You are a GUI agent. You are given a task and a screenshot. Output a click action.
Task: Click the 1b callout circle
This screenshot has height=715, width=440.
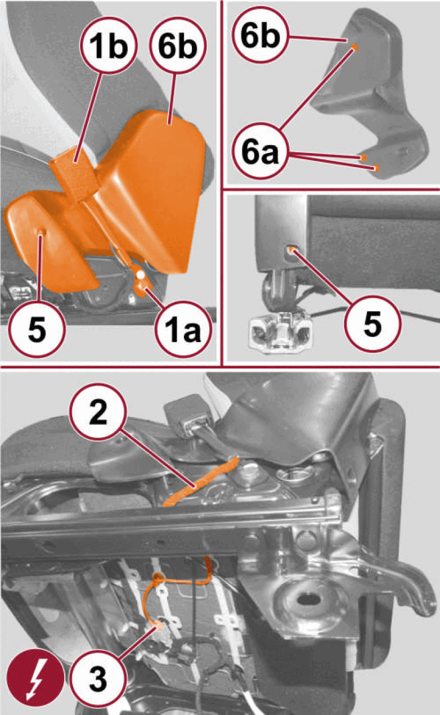click(x=109, y=46)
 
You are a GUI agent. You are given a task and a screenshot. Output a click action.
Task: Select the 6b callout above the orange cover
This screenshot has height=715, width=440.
click(x=178, y=46)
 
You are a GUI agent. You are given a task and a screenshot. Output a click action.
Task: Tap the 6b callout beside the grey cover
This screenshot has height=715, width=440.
click(x=261, y=34)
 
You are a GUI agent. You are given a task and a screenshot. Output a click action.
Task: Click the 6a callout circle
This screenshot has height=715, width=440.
click(x=261, y=152)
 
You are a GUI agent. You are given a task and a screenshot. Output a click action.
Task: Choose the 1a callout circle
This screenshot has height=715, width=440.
click(x=183, y=329)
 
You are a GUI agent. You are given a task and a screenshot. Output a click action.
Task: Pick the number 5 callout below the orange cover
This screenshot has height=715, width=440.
click(x=37, y=329)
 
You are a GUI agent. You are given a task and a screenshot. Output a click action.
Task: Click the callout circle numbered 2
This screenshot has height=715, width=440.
click(x=97, y=413)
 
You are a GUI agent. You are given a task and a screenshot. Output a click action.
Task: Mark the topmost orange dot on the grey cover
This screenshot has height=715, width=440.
click(x=354, y=48)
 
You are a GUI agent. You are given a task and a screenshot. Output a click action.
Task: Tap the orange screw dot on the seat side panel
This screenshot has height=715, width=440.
click(x=291, y=249)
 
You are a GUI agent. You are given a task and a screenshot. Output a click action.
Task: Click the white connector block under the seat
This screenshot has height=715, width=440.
click(x=280, y=332)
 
